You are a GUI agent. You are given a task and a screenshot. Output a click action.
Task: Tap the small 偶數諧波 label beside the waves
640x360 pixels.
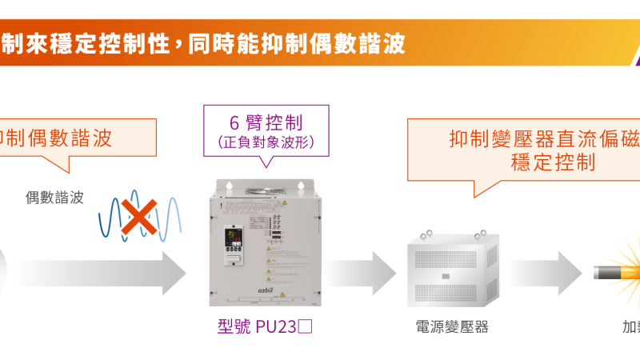54,195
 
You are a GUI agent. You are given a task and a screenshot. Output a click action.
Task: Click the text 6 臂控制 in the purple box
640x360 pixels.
266,123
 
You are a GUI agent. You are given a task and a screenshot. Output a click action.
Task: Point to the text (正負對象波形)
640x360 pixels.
266,142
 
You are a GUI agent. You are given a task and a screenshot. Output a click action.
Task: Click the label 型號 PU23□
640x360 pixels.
264,327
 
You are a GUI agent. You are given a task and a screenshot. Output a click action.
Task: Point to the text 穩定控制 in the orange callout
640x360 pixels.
552,162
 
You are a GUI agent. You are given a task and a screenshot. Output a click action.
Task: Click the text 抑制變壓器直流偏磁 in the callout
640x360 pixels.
544,138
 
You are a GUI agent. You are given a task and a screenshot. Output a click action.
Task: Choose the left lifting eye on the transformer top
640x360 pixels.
427,233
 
